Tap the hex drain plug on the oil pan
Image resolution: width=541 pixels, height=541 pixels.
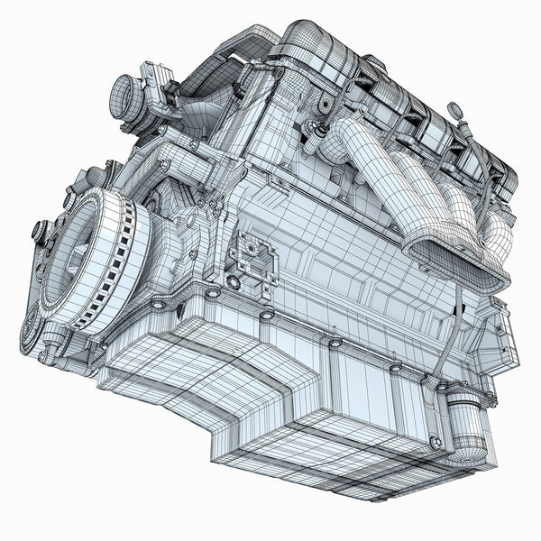click(x=436, y=443)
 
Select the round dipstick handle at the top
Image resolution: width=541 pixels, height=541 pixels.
click(x=456, y=110)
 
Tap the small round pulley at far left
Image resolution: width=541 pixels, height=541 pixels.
click(x=40, y=231)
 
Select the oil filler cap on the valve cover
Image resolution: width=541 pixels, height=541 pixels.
click(x=325, y=105)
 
